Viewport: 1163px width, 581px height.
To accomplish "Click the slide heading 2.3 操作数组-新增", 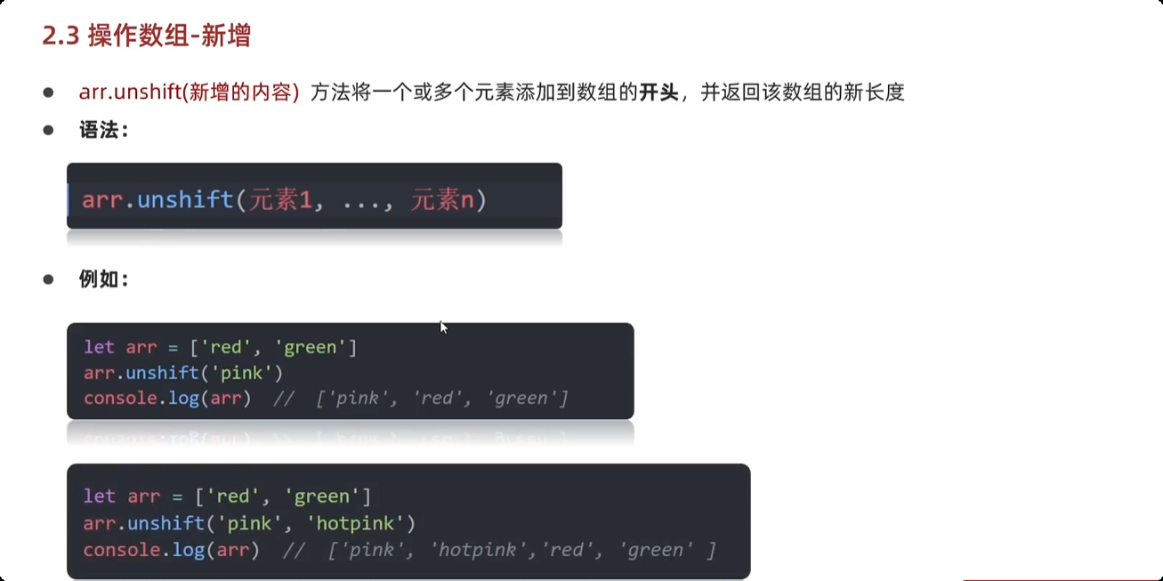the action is (x=147, y=36).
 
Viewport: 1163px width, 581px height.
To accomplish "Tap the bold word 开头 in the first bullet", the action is (x=658, y=92).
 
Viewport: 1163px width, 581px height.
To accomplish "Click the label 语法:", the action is (x=104, y=131).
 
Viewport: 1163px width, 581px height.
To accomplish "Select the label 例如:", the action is (x=104, y=279).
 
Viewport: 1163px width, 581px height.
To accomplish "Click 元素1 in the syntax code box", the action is (x=280, y=199).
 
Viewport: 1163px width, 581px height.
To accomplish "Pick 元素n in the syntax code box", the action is (x=441, y=199).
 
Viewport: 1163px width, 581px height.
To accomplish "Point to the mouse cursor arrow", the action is (x=443, y=327).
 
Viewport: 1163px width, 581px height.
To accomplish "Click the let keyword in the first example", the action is (x=100, y=347).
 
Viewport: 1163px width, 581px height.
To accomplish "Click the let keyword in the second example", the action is (x=100, y=496).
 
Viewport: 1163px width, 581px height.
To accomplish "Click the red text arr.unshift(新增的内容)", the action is (x=189, y=92).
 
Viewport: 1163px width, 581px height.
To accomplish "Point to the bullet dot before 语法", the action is (x=49, y=131).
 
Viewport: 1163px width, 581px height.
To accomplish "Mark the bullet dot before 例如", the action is (x=49, y=279).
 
